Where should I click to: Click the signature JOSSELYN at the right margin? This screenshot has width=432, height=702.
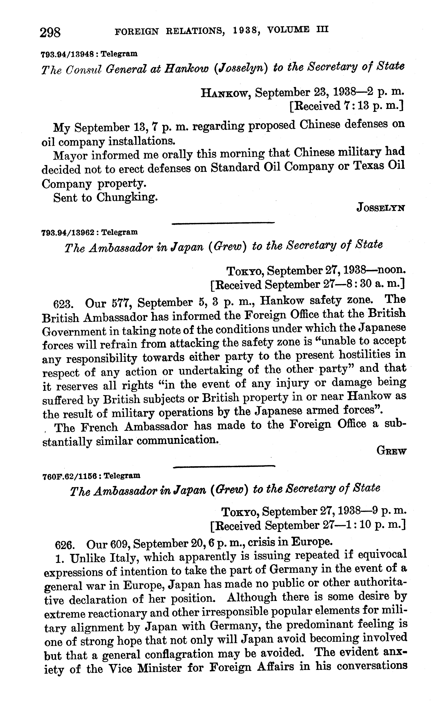[381, 208]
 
